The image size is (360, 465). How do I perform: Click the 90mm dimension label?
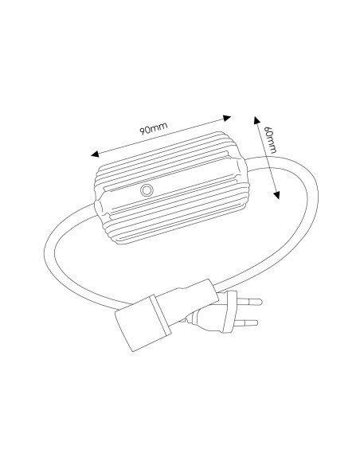(x=154, y=128)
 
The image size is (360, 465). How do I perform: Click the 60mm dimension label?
(x=270, y=139)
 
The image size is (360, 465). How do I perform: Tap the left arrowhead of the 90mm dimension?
(x=95, y=154)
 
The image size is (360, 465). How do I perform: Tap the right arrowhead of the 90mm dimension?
(x=227, y=118)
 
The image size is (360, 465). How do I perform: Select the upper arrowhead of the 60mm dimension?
(x=256, y=120)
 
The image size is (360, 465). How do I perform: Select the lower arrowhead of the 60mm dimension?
(x=276, y=195)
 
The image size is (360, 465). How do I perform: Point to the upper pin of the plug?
(x=249, y=302)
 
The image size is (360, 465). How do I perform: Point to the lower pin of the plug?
(x=245, y=322)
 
